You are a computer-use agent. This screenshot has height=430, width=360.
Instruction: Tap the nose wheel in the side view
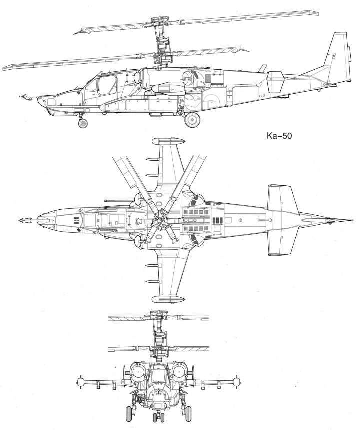pyautogui.click(x=82, y=123)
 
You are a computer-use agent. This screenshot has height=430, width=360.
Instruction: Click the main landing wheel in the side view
pyautogui.click(x=192, y=119)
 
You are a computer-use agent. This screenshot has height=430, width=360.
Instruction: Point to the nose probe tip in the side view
pyautogui.click(x=21, y=96)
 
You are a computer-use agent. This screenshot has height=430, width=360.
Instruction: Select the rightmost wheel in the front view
pyautogui.click(x=188, y=413)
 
